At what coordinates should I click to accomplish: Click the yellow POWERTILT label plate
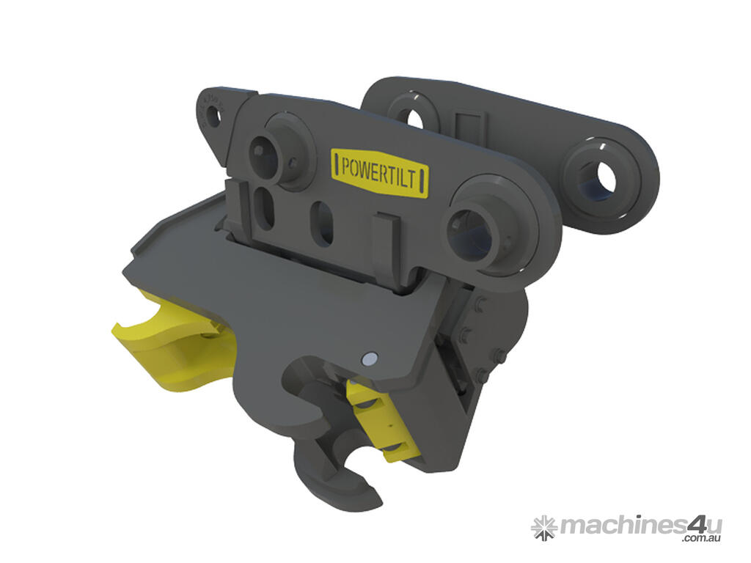(381, 172)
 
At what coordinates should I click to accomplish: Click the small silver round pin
(370, 358)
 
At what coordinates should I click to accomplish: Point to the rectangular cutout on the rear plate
(467, 128)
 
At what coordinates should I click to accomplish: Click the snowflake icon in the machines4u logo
(543, 527)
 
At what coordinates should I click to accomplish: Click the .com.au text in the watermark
(701, 539)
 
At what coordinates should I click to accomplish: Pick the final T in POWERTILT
(422, 181)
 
